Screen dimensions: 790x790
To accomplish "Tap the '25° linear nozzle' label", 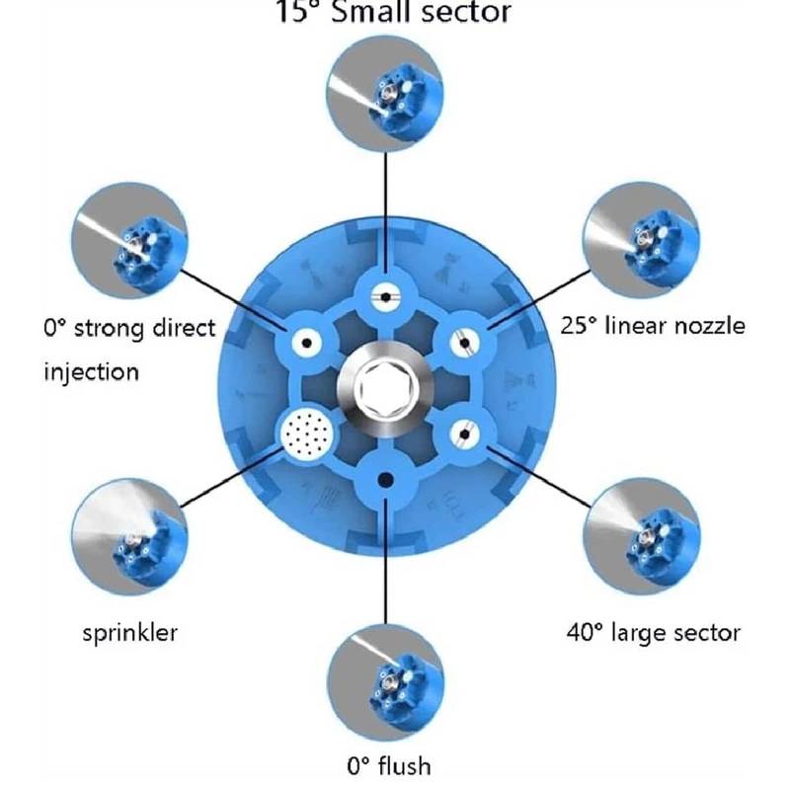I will (x=653, y=325).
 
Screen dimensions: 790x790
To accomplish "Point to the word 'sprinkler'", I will (x=129, y=630).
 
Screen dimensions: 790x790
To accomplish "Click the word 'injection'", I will (x=91, y=371).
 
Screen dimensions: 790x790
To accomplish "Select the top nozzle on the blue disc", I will (x=384, y=293).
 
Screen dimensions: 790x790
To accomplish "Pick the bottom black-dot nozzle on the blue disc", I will (x=384, y=479).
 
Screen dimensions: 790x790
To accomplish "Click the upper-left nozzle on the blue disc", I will (x=307, y=343).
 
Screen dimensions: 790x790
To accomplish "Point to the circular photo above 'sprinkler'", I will (x=128, y=533).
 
